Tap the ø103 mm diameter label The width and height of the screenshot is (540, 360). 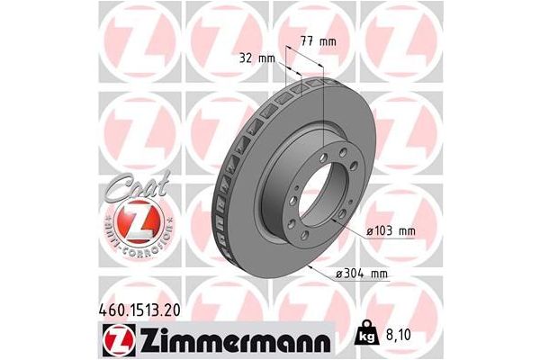point(391,232)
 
